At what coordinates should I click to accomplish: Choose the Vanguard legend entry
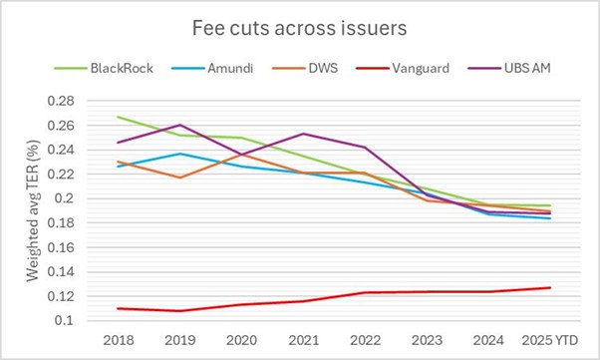pos(420,68)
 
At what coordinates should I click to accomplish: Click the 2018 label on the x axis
pos(118,340)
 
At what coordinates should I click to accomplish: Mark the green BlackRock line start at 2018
pos(118,117)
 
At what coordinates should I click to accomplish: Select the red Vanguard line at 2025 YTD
pos(548,287)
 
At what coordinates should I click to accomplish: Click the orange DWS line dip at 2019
pos(178,178)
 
